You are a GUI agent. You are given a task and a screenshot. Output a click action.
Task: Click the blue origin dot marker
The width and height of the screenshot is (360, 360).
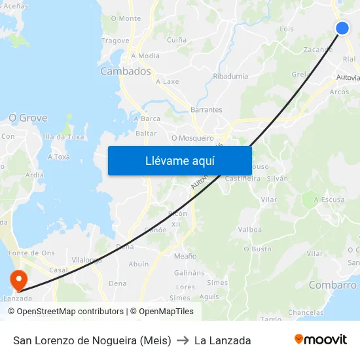pyautogui.click(x=342, y=28)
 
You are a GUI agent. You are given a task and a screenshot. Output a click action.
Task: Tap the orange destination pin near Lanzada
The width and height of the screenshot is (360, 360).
pyautogui.click(x=18, y=281)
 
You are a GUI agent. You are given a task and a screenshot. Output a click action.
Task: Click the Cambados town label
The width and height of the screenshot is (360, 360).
pyautogui.click(x=126, y=71)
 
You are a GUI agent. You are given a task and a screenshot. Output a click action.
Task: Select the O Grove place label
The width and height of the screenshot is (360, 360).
pyautogui.click(x=27, y=118)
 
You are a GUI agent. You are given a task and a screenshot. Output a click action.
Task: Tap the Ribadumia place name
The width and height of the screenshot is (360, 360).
pyautogui.click(x=230, y=76)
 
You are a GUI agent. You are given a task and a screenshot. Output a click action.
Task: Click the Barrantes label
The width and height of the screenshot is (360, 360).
pyautogui.click(x=206, y=110)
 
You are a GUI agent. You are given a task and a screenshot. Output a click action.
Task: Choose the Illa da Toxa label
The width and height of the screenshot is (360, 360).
pyautogui.click(x=63, y=137)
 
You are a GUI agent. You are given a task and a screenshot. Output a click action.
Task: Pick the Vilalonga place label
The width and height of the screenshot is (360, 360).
pyautogui.click(x=86, y=260)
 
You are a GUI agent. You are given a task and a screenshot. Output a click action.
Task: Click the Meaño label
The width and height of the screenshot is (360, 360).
pyautogui.click(x=185, y=256)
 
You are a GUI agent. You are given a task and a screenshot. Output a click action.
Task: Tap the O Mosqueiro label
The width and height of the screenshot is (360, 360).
pyautogui.click(x=192, y=138)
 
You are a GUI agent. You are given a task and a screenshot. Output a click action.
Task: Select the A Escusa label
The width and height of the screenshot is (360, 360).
pyautogui.click(x=329, y=200)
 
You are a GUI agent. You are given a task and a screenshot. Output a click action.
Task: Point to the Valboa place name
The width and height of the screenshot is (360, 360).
pyautogui.click(x=249, y=230)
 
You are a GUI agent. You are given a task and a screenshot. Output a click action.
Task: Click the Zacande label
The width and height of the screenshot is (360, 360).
pyautogui.click(x=318, y=50)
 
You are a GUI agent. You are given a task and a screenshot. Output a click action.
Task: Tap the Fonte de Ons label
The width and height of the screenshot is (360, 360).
pyautogui.click(x=31, y=253)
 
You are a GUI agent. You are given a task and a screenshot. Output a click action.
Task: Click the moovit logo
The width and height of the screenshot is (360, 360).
pyautogui.click(x=320, y=339)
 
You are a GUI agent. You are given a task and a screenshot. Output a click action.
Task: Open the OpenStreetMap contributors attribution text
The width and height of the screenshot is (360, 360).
pyautogui.click(x=70, y=312)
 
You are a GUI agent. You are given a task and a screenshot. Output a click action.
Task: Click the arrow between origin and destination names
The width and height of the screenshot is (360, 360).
pyautogui.click(x=183, y=340)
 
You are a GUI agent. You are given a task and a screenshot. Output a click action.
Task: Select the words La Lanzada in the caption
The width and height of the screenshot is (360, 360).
pyautogui.click(x=223, y=340)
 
